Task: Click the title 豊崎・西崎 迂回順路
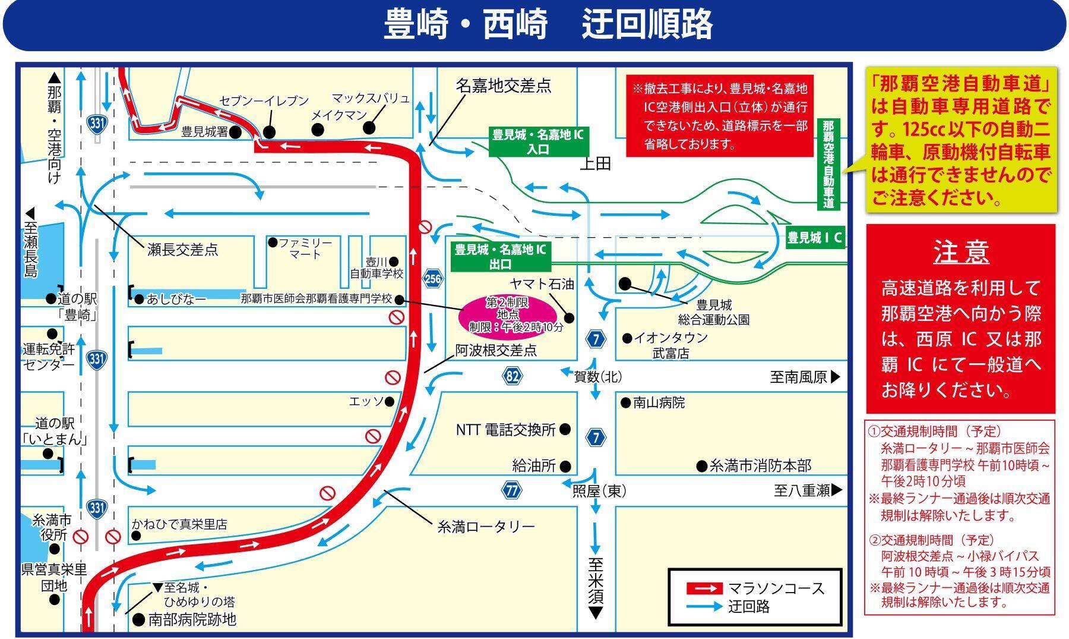point(548,24)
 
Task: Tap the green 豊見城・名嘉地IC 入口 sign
point(538,142)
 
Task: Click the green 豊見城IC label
point(815,238)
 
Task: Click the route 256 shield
point(433,278)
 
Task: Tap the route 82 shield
point(513,376)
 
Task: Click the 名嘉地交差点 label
point(504,86)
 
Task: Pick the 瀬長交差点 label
point(182,250)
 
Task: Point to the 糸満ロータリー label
point(486,526)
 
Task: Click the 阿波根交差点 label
point(496,350)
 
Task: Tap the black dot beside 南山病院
point(625,403)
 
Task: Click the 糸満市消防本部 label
point(761,465)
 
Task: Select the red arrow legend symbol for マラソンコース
point(704,588)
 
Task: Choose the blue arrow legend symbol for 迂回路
point(704,607)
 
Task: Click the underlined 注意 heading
point(961,251)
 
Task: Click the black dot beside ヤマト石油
point(570,317)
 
